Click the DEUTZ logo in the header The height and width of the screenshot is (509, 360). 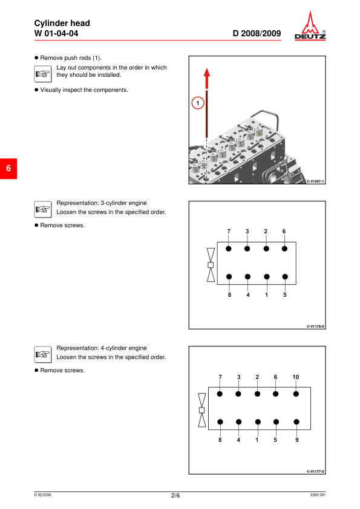point(310,25)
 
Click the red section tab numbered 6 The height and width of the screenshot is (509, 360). point(8,169)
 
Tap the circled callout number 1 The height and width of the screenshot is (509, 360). point(197,103)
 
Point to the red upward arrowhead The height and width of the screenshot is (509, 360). point(207,73)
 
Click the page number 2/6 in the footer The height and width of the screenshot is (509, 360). point(175,495)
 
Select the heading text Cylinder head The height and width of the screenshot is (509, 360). point(62,23)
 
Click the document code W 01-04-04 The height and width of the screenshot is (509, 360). point(56,33)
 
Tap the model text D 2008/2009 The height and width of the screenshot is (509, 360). point(257,33)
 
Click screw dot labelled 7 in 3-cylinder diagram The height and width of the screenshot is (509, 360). point(229,248)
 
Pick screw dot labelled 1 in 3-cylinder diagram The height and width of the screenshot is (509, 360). point(267,277)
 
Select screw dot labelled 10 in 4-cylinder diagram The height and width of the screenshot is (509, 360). point(296,394)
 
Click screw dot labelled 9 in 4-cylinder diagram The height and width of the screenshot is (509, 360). point(296,422)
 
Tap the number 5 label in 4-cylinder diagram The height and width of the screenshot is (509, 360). point(275,440)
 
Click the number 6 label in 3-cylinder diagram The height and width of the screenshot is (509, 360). point(284,232)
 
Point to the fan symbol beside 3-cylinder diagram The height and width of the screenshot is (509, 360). point(211,265)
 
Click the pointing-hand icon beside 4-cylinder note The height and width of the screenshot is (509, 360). point(42,354)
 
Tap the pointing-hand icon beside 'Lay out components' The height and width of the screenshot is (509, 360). point(42,74)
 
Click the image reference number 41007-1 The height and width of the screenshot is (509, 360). point(315,181)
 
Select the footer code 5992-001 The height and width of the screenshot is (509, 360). point(318,494)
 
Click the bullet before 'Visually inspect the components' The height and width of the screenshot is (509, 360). point(36,90)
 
